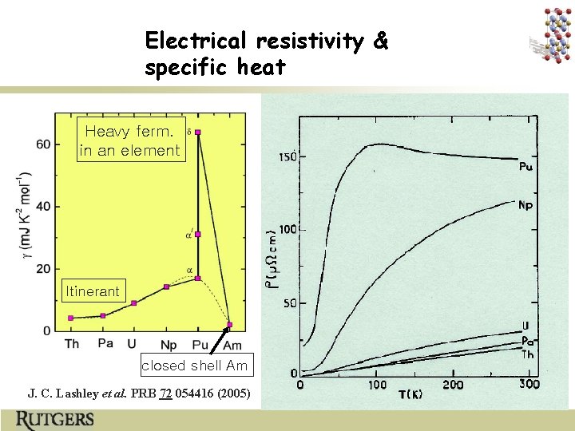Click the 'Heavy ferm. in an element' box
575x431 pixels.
pos(130,140)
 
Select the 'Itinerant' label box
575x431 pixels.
pos(93,291)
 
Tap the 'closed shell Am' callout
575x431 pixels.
pos(196,366)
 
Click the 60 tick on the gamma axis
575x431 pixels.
pos(42,144)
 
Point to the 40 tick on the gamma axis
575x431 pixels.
pos(42,207)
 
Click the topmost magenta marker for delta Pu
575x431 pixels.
pos(198,132)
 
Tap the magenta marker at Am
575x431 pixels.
pos(230,325)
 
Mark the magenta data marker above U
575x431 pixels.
pos(133,303)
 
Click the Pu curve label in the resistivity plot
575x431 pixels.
pos(526,168)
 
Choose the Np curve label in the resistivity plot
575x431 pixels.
pos(525,206)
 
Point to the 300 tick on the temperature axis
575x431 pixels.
pos(529,385)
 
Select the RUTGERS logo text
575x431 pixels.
pos(54,420)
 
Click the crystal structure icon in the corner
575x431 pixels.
pos(550,35)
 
